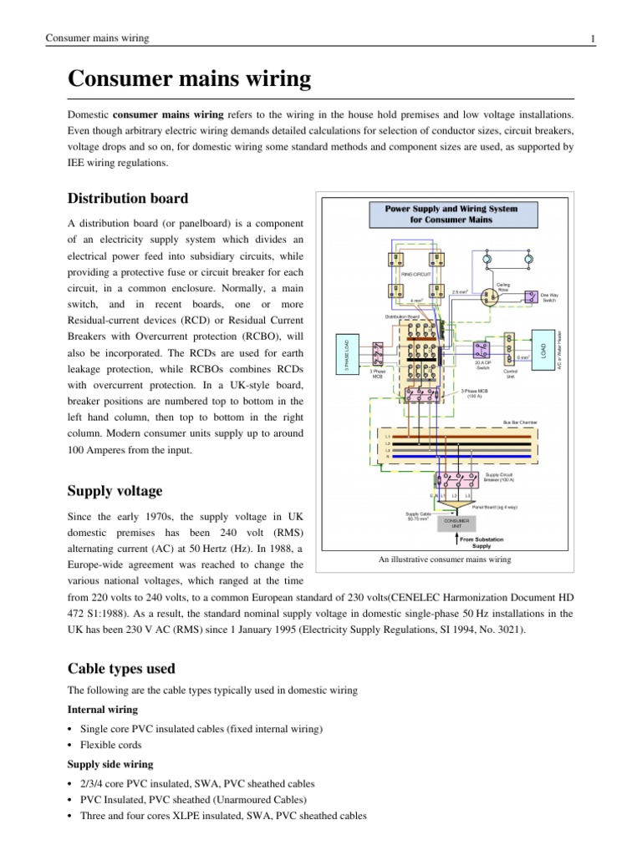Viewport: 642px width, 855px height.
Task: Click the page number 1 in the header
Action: pos(592,38)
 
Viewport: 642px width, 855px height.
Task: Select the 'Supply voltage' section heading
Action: pos(115,490)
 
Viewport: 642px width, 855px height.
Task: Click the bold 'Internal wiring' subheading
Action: pos(103,711)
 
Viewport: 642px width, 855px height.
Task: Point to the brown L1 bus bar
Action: pos(460,436)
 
